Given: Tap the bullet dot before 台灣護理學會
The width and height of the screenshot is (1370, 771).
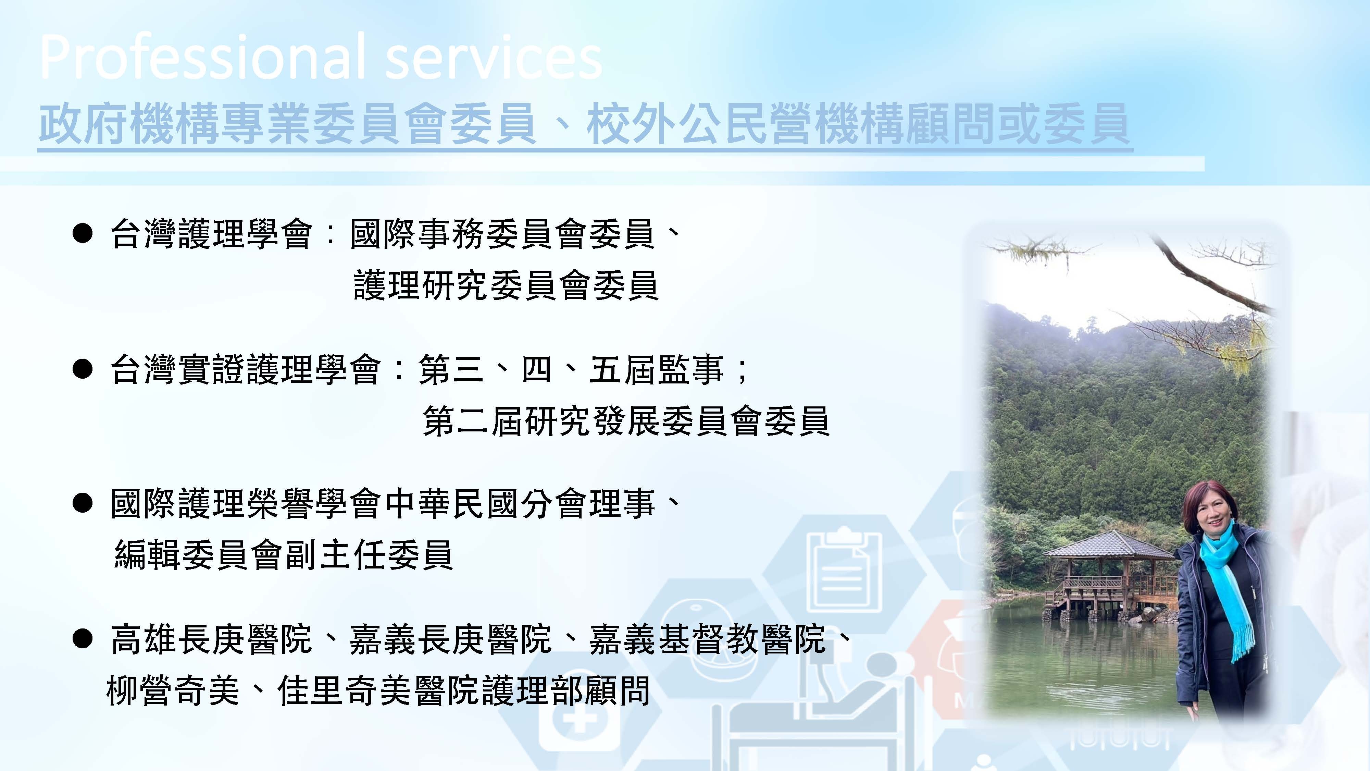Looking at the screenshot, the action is (83, 234).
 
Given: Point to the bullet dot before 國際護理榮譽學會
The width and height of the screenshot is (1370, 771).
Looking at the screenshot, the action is (83, 503).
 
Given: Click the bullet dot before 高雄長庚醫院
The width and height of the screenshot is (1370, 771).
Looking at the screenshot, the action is (83, 638).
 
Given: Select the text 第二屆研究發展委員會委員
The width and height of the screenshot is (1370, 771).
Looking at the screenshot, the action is (626, 421).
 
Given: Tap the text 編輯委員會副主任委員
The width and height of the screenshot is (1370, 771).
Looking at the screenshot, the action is (284, 555).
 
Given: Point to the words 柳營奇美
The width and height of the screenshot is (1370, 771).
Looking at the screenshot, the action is (173, 691).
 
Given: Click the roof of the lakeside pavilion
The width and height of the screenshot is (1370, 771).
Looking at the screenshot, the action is (1109, 546).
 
